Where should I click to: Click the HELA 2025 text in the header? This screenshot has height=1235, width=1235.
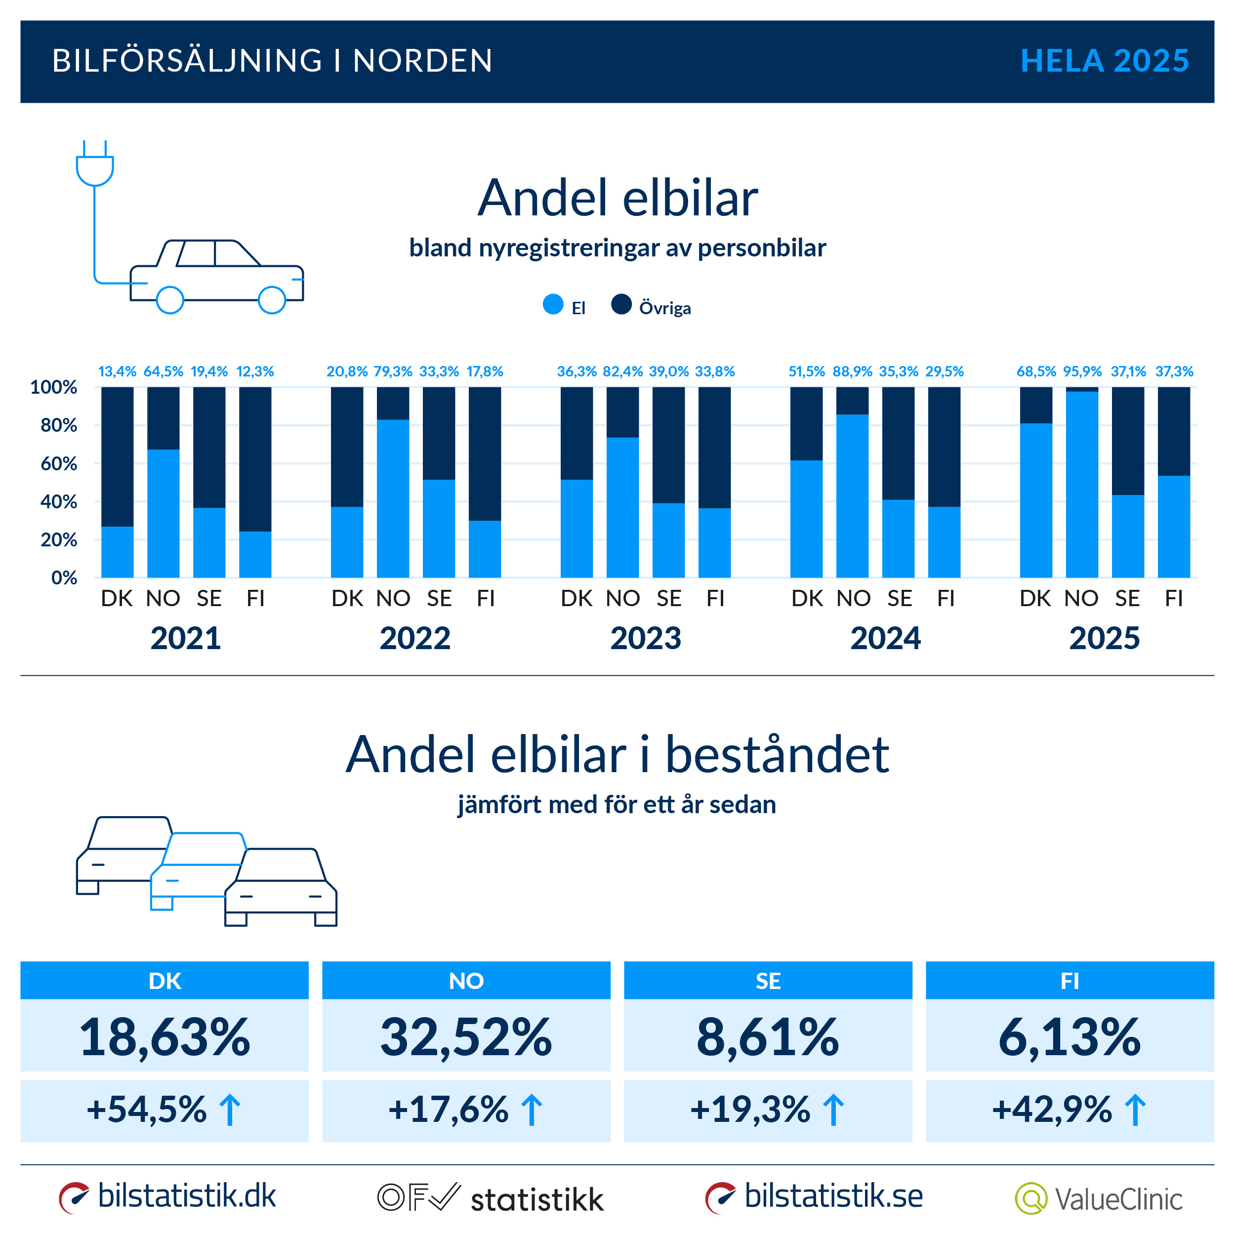tap(1104, 61)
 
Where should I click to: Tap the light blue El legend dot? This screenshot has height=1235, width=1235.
tap(553, 304)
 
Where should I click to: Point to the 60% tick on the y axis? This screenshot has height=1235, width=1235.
tap(58, 463)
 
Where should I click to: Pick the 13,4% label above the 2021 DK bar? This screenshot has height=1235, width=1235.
tap(117, 371)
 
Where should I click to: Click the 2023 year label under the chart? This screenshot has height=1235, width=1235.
tap(645, 638)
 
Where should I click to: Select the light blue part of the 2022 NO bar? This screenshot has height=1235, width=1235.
tap(393, 498)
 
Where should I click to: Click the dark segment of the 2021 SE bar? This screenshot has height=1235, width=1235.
tap(209, 448)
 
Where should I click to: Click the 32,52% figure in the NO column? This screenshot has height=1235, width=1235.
tap(466, 1037)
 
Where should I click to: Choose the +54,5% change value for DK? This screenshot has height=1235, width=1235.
tap(147, 1109)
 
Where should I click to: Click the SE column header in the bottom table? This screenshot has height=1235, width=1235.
tap(768, 981)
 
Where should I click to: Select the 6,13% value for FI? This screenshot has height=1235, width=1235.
tap(1070, 1037)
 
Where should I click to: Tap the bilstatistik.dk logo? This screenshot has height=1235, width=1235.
tap(167, 1196)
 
